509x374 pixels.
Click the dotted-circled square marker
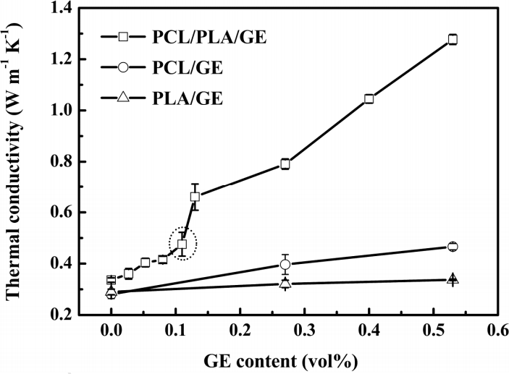(182, 244)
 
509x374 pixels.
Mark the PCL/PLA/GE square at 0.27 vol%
(285, 164)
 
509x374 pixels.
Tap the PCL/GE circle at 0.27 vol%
(285, 265)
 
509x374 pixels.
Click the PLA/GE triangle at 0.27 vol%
(285, 283)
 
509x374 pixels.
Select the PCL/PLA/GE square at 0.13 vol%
(195, 196)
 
